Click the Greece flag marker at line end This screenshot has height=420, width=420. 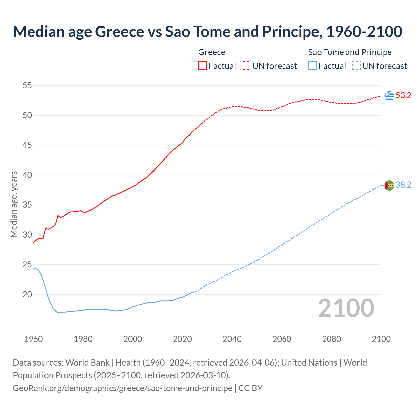[x=389, y=95]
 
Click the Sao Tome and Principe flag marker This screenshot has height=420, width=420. [x=389, y=185]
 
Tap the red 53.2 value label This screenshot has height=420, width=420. [x=403, y=95]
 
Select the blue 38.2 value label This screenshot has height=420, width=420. [x=403, y=185]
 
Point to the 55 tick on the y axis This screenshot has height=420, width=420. [x=27, y=86]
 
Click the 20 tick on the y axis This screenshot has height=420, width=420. [x=27, y=294]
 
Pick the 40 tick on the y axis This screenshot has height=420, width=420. [x=27, y=175]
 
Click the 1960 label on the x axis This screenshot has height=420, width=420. [x=33, y=339]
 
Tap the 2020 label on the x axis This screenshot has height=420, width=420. [x=182, y=339]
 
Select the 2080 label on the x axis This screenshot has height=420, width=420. [x=331, y=339]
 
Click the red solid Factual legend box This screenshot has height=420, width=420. [x=202, y=66]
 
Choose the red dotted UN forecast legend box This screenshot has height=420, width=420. [x=246, y=66]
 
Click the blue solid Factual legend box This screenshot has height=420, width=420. [x=312, y=66]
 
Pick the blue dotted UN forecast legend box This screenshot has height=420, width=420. [x=356, y=66]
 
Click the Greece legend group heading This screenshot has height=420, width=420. [x=212, y=52]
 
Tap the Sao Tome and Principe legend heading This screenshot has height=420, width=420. [x=350, y=52]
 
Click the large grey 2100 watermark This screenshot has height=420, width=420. [x=346, y=308]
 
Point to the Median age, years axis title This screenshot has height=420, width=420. [x=14, y=204]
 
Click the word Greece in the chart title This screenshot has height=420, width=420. [x=119, y=31]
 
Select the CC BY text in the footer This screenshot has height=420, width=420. [x=250, y=388]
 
